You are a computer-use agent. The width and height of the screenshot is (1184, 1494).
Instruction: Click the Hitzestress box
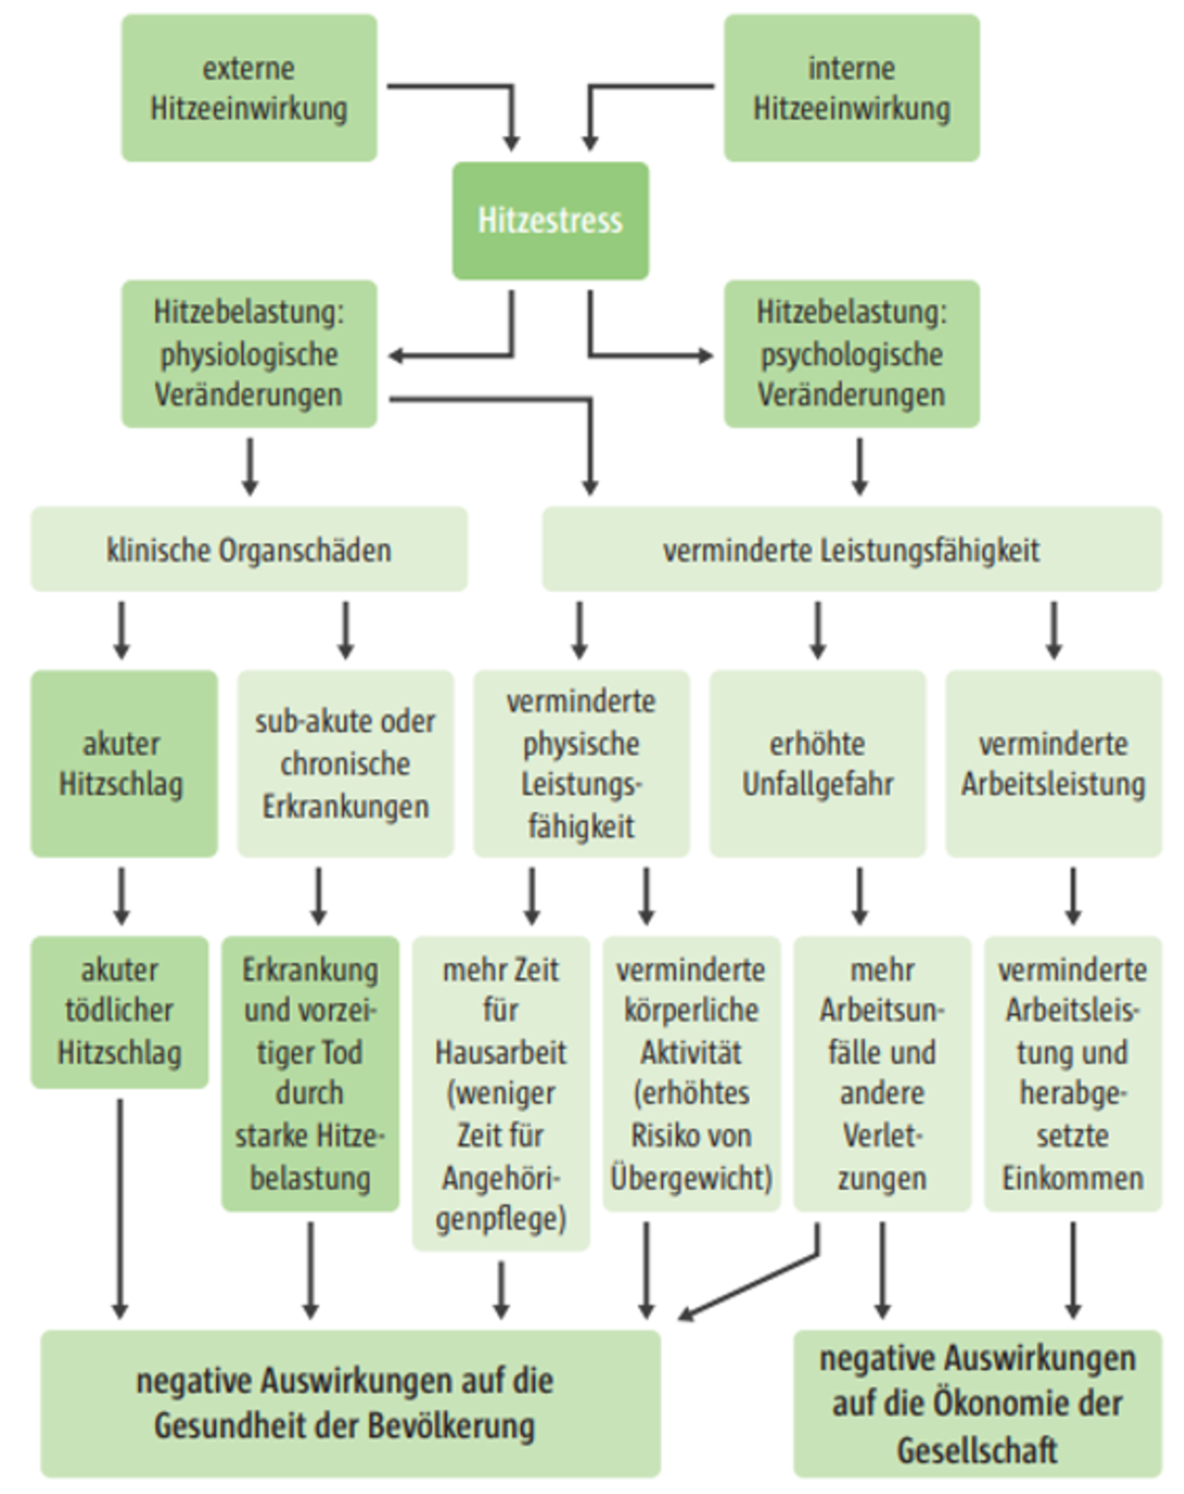(x=551, y=220)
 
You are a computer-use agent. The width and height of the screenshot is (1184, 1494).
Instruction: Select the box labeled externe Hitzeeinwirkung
(x=249, y=88)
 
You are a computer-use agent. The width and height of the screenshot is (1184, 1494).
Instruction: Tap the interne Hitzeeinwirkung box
(x=851, y=88)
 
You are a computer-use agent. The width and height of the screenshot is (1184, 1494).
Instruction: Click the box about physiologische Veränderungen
(x=249, y=353)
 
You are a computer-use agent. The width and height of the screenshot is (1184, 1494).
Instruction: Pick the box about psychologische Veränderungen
(x=851, y=353)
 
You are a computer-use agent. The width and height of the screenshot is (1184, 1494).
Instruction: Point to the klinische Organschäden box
(x=249, y=550)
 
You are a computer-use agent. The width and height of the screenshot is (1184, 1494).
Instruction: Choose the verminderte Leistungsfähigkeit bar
(x=851, y=550)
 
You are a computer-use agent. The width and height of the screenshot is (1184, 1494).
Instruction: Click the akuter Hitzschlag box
(x=123, y=763)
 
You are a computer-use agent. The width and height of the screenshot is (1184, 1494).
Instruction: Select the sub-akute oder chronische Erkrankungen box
(x=345, y=763)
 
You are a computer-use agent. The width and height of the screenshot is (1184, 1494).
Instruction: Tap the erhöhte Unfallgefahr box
(x=817, y=763)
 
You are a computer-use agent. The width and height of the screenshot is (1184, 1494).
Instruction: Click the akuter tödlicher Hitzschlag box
(x=119, y=1011)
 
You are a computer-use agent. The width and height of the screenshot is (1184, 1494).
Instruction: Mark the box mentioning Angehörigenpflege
(x=500, y=1093)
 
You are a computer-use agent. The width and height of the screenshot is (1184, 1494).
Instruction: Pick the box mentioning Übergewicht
(x=691, y=1074)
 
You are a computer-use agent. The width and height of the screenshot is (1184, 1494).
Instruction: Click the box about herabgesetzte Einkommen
(x=1073, y=1074)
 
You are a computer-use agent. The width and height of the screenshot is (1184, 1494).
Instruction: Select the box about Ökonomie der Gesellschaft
(x=977, y=1403)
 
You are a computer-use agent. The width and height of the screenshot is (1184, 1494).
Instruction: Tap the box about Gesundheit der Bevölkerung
(x=350, y=1403)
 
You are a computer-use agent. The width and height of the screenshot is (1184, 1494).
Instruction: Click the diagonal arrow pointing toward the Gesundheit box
(x=750, y=1286)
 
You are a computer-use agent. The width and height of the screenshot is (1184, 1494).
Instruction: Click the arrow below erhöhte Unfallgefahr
(x=859, y=895)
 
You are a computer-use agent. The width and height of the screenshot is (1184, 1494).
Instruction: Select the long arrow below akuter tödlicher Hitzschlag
(x=119, y=1209)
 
